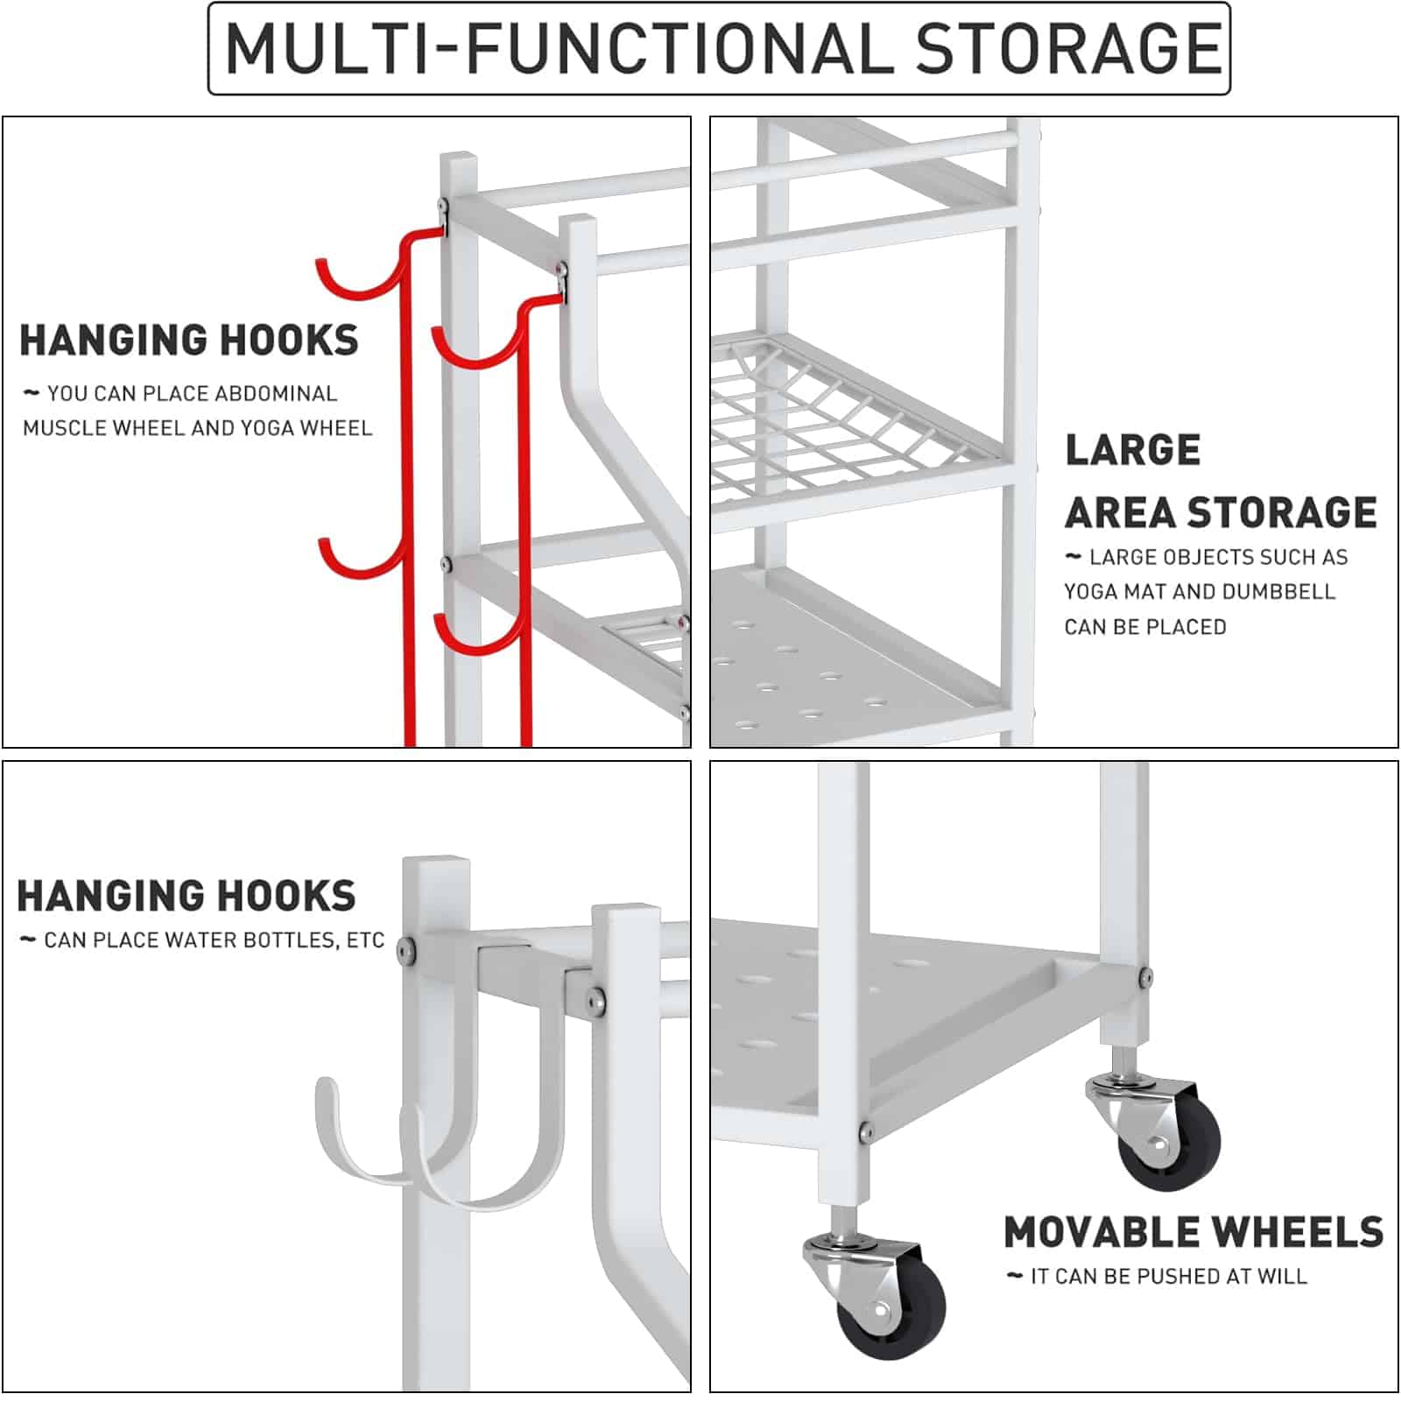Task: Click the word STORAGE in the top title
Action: (x=1068, y=48)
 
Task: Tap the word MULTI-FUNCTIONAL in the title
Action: (x=560, y=48)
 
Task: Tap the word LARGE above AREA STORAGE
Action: (x=1132, y=450)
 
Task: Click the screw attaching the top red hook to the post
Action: (x=444, y=207)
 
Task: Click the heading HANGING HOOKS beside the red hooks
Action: (x=188, y=341)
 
